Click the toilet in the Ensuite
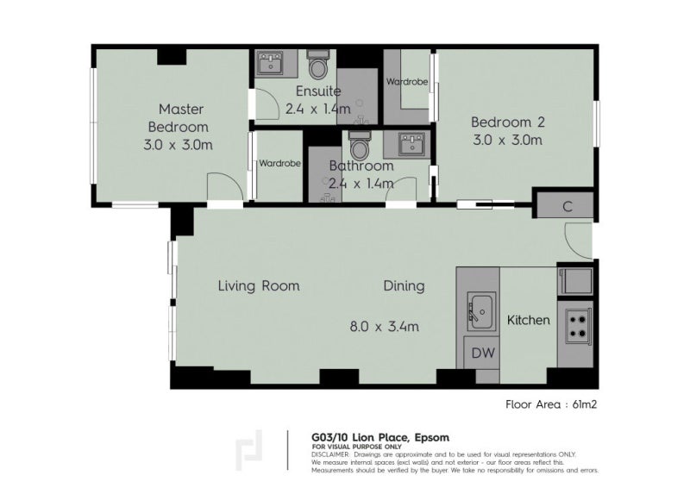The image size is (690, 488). click(x=317, y=66)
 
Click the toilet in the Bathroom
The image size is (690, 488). click(x=359, y=141)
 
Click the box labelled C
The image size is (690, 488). click(x=566, y=206)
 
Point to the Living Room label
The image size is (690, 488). click(x=258, y=286)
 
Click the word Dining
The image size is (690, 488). click(x=404, y=286)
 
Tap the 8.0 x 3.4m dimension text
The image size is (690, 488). click(x=384, y=326)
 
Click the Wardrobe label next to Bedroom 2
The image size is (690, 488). click(x=408, y=83)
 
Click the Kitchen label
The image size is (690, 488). click(x=528, y=320)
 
